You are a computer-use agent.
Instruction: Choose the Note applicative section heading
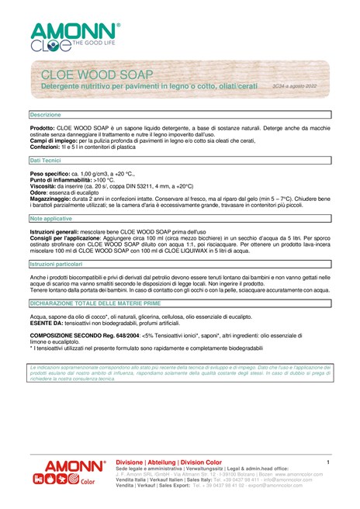(x=51, y=220)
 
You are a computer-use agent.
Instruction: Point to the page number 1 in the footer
(x=329, y=463)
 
